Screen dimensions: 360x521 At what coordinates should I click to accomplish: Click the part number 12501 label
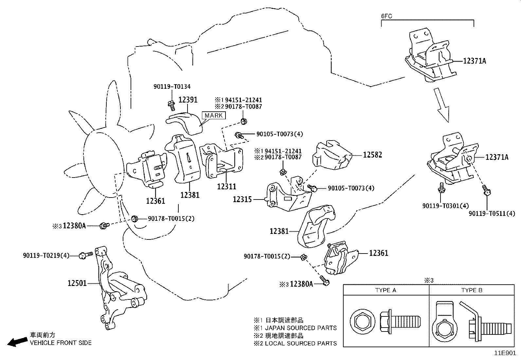coord(77,283)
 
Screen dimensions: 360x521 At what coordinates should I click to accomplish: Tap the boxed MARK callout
coord(214,115)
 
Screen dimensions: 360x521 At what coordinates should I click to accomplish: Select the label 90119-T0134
coord(172,87)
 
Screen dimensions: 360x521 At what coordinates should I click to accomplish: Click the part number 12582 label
coord(372,155)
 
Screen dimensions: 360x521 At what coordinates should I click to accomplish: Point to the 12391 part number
coord(188,100)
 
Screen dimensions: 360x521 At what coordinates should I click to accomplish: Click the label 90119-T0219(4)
coord(46,256)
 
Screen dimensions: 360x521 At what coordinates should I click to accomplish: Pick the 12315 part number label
coord(242,199)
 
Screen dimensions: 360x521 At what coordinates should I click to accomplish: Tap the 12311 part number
coord(226,187)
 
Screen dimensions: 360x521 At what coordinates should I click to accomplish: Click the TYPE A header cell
coord(386,290)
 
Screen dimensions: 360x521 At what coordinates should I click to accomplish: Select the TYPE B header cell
coord(472,290)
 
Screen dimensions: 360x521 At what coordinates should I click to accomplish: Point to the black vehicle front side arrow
coord(17,342)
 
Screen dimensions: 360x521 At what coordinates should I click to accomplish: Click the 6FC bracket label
coord(387,16)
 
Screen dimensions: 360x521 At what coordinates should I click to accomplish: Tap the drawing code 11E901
coord(505,353)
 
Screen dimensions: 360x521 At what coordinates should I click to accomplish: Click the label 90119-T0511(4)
coord(492,214)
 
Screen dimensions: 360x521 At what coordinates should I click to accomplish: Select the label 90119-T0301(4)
coord(445,206)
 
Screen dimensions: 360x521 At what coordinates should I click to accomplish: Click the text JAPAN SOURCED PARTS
coord(301,328)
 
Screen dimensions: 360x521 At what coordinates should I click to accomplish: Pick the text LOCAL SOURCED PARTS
coord(301,343)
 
